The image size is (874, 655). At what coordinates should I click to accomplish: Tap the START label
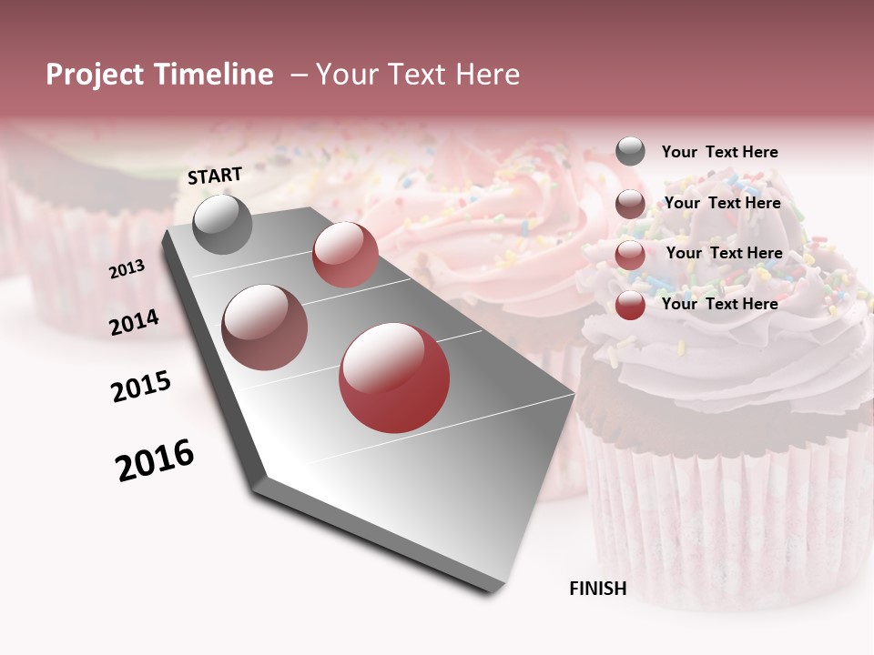coord(215,176)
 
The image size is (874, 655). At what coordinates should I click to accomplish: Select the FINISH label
coord(598,589)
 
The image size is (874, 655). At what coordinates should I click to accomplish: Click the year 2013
coord(127,269)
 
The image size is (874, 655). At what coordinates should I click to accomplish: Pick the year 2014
coord(135,322)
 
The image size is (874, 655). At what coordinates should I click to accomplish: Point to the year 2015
coord(141,387)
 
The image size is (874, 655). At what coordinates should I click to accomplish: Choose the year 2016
coord(155,460)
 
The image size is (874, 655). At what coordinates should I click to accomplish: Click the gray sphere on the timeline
coord(222,224)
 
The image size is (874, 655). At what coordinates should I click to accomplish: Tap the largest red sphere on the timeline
coord(394,378)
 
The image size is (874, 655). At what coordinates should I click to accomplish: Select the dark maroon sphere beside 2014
coord(265,327)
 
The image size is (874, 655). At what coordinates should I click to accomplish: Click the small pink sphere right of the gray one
coord(345,255)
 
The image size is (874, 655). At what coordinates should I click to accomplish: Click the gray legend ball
coord(630,152)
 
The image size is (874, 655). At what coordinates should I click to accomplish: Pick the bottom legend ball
coord(630,305)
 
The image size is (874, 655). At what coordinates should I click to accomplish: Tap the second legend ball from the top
coord(630,204)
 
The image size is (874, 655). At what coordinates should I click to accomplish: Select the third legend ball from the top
coord(630,255)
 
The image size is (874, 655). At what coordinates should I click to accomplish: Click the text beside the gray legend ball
coord(719,152)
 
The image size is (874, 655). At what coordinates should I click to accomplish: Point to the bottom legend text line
coord(719,304)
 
